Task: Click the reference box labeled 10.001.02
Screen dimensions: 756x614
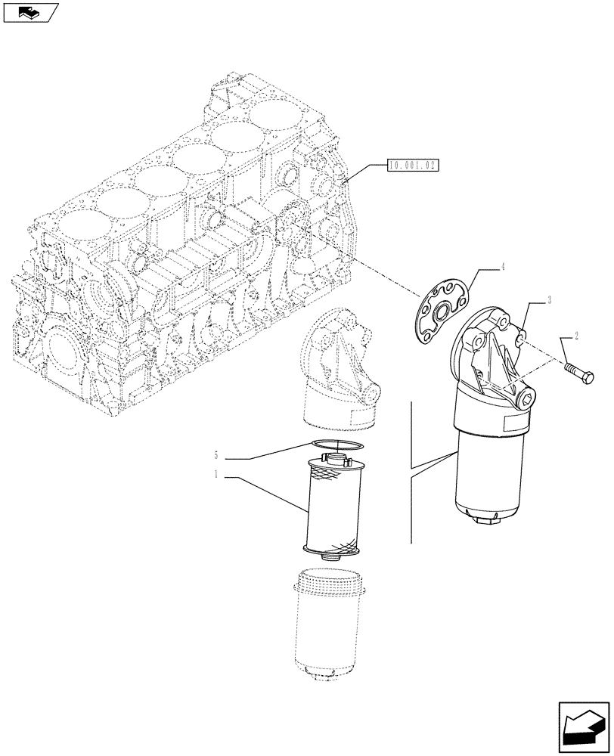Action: click(413, 165)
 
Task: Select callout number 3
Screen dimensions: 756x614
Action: click(549, 300)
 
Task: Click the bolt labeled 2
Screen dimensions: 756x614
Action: click(579, 371)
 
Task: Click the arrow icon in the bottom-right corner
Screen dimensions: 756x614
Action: click(584, 727)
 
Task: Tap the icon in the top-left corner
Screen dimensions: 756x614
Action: click(30, 11)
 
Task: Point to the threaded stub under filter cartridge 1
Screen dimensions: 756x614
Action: click(329, 557)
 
